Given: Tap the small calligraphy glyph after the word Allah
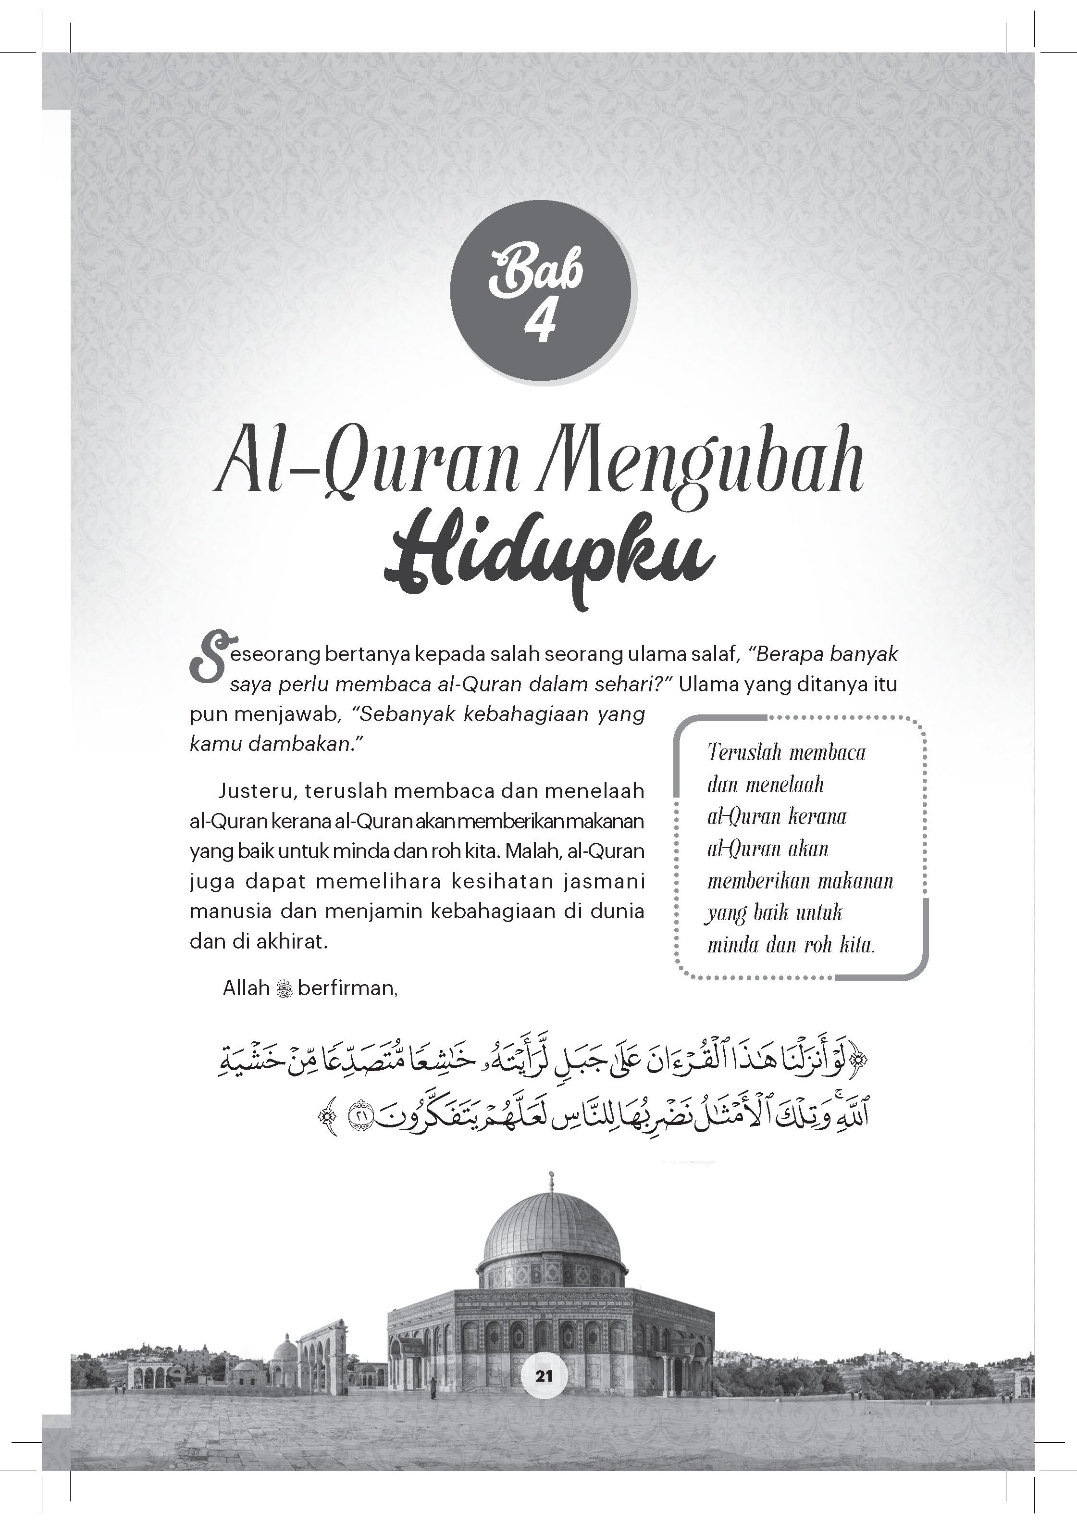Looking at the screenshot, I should [x=284, y=989].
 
